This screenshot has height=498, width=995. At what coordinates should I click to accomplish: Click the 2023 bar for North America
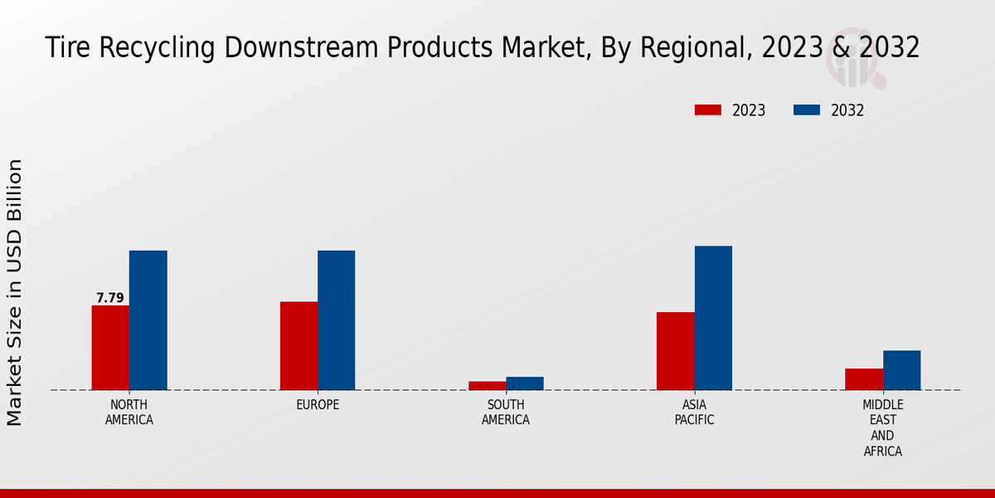(x=110, y=348)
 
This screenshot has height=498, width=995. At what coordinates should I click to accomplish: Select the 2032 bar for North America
(x=148, y=320)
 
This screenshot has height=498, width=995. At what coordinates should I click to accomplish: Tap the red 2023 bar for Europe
(x=298, y=345)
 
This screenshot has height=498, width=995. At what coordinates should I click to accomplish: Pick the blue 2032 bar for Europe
(x=337, y=320)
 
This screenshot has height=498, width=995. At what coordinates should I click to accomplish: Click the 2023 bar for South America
(x=487, y=386)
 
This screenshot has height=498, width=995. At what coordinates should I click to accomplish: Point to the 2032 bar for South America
(x=525, y=383)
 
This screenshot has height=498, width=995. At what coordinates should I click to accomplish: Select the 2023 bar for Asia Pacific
(x=676, y=351)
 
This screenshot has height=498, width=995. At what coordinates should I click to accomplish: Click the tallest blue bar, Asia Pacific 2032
(x=713, y=318)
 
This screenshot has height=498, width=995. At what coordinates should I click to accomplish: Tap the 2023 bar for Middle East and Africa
(x=864, y=379)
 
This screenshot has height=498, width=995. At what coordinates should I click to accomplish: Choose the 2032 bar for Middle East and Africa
(x=902, y=370)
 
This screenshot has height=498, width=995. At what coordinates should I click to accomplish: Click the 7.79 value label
(x=110, y=298)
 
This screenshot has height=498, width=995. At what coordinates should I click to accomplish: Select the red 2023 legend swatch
(x=708, y=110)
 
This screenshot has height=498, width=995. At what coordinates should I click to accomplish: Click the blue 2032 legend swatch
(x=807, y=110)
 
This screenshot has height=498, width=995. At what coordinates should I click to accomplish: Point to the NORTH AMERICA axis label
(x=129, y=413)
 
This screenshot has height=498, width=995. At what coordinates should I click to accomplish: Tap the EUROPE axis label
(x=318, y=405)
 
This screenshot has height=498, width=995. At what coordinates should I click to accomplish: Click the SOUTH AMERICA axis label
(x=506, y=413)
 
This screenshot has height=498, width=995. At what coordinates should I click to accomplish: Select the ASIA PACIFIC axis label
(x=695, y=413)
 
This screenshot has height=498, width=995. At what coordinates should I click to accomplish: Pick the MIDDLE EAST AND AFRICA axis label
(x=883, y=428)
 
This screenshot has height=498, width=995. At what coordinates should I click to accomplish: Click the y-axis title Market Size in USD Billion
(x=15, y=292)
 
